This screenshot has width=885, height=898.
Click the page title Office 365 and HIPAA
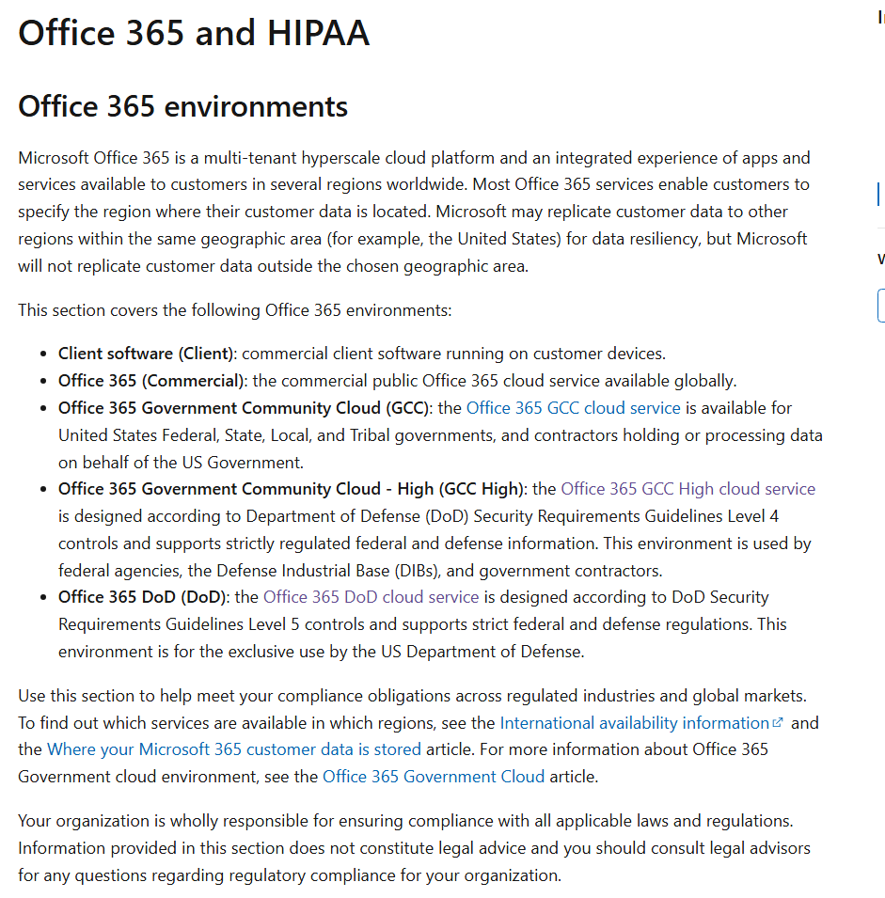coord(194,34)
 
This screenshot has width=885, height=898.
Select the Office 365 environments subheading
coord(182,106)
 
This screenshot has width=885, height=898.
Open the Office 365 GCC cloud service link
coord(573,408)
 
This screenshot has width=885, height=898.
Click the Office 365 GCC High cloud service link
coord(687,489)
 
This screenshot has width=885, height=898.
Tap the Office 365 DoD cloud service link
coord(371,597)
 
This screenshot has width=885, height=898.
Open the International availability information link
coord(634,723)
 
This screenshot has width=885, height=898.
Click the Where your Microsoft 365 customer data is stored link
coord(234,749)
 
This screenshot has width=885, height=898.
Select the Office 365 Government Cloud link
coord(433,777)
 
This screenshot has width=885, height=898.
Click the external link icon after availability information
coord(778,723)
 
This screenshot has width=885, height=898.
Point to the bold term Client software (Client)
coord(146,354)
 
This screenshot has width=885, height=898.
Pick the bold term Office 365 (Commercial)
coord(151,381)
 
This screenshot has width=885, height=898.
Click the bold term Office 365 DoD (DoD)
coord(145,597)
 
